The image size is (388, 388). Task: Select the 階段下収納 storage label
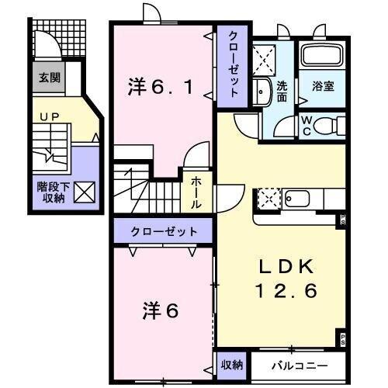click(50, 192)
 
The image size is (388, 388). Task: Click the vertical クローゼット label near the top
click(232, 64)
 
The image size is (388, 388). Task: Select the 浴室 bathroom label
click(323, 85)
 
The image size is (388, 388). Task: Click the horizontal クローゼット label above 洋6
click(163, 231)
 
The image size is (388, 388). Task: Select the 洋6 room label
click(161, 310)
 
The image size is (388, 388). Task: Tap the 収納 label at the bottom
click(232, 364)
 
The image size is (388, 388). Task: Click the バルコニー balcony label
click(300, 364)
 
